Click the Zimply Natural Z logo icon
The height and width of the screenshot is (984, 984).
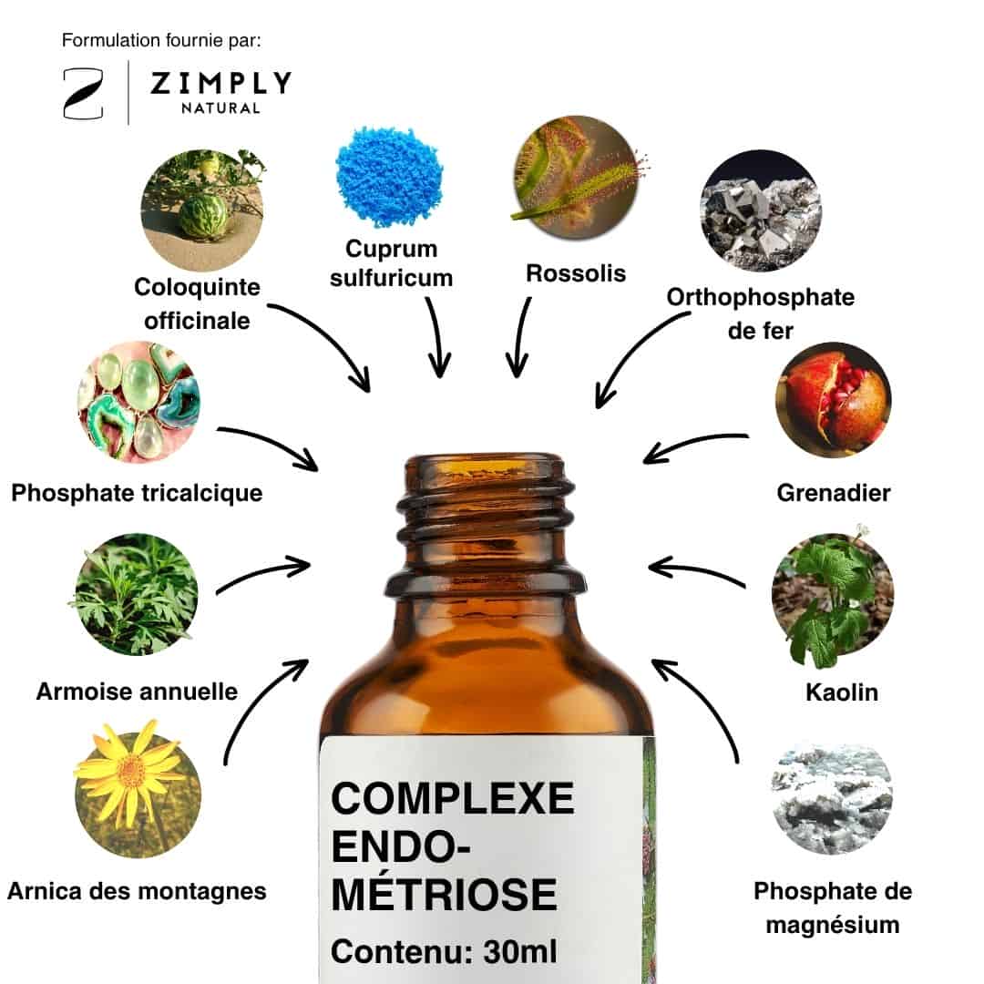83,94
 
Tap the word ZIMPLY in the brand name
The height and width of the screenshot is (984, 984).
220,83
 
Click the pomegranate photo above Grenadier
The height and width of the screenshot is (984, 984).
834,400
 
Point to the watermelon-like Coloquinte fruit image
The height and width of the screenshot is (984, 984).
202,210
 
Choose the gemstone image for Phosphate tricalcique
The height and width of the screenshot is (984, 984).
138,402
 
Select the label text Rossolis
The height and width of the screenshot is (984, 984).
576,273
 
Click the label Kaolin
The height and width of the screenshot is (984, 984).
842,692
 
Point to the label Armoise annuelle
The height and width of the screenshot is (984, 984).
137,692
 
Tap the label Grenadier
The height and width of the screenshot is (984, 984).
834,493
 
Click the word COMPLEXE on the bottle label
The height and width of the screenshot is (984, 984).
453,798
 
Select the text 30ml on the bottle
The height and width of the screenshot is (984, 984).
519,952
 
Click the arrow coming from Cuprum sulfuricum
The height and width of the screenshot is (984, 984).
437,338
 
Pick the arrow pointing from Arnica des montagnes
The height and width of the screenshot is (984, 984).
254,702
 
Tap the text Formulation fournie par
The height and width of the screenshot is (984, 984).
161,41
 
